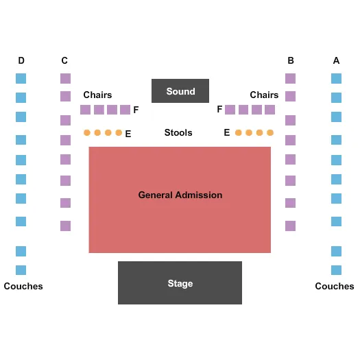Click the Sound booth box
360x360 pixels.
[x=180, y=91]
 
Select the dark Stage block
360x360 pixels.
[x=180, y=283]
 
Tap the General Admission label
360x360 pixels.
[x=180, y=195]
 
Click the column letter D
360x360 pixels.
[x=21, y=60]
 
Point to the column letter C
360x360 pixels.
[x=64, y=60]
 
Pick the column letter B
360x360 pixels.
[x=291, y=60]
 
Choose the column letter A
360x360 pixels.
[x=336, y=60]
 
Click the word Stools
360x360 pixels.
[x=178, y=132]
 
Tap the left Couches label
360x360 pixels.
[x=23, y=286]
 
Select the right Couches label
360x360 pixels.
[x=335, y=286]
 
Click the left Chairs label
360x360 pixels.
[x=97, y=95]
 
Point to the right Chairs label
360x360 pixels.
[x=264, y=95]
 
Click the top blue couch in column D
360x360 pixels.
[x=21, y=78]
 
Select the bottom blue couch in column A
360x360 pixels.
[x=336, y=270]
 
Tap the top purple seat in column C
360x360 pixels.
[x=65, y=78]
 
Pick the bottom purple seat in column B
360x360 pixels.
[x=290, y=226]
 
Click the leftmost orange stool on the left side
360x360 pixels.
[x=87, y=132]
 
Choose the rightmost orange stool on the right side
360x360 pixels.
[x=270, y=132]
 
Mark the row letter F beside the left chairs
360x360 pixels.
[x=136, y=110]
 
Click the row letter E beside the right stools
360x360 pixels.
[x=227, y=132]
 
